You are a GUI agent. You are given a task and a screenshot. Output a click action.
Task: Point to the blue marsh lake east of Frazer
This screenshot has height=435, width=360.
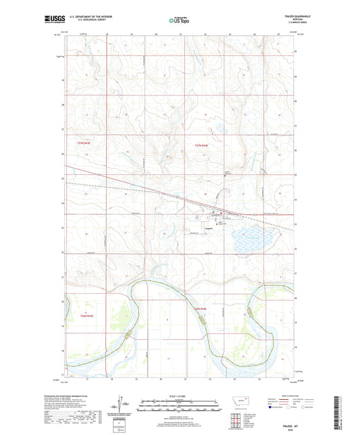point(253,237)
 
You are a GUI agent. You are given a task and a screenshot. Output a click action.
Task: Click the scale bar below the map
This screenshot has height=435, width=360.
point(179,407)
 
